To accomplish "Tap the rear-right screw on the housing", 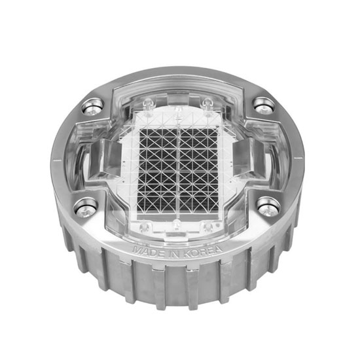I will tap(264, 104).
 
